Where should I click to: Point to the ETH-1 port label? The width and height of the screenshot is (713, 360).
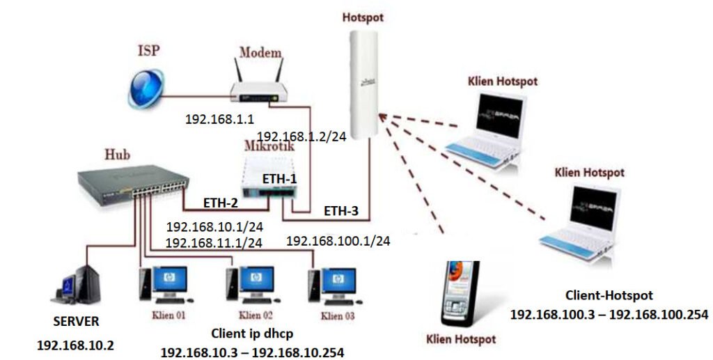279,179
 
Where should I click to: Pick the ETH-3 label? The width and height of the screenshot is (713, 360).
342,210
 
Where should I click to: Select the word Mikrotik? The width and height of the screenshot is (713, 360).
268,147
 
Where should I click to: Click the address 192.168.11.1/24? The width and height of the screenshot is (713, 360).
214,242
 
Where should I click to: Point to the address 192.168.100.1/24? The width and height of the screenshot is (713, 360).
338,241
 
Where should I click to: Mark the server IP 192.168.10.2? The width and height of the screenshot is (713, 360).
77,345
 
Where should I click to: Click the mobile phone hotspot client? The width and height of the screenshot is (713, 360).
460,295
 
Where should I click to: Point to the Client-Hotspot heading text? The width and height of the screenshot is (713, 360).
609,295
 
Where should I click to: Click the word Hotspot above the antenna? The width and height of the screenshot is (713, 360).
363,15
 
